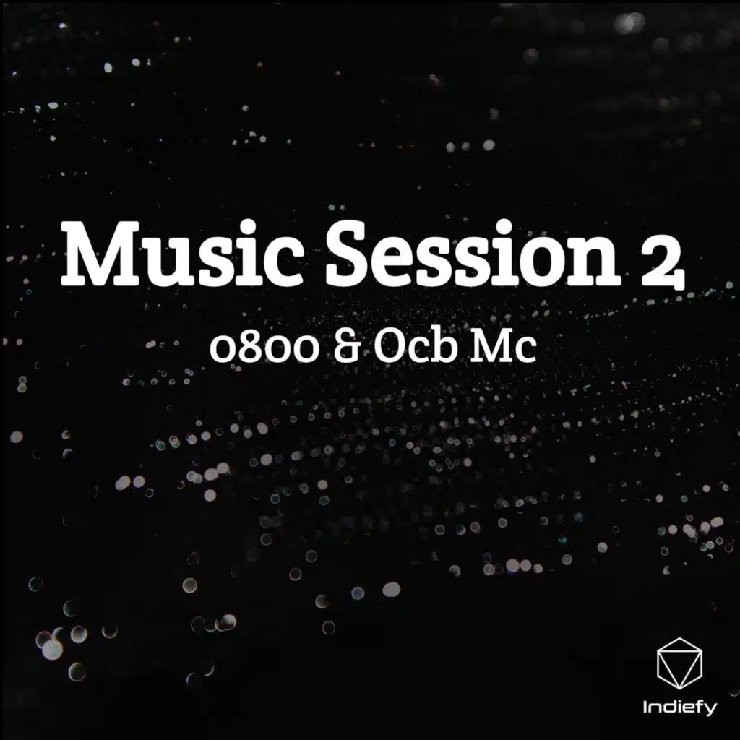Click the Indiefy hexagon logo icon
click(679, 663)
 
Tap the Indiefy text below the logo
click(679, 707)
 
